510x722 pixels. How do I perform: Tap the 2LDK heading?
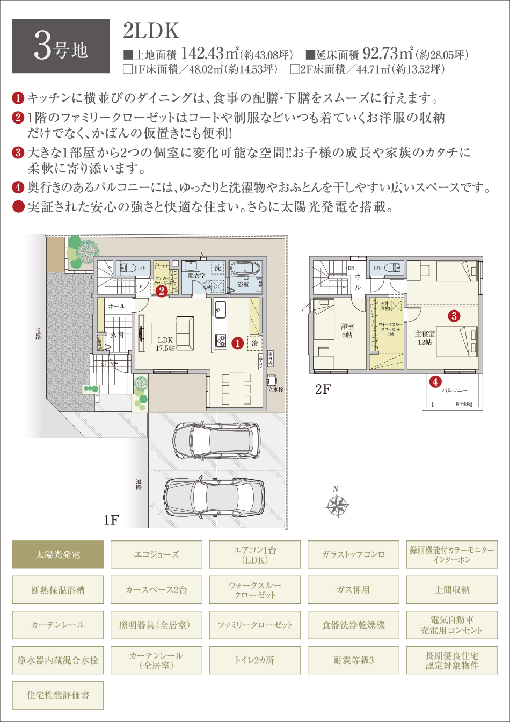point(151,32)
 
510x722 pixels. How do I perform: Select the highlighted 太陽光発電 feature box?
point(57,554)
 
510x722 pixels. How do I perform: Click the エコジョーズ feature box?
point(156,554)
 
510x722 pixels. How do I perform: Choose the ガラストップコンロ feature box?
point(353,554)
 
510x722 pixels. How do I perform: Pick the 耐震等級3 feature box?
point(353,660)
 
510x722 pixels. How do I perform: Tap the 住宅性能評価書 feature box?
point(57,696)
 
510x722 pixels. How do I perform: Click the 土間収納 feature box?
point(451,590)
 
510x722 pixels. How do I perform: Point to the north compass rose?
point(336,504)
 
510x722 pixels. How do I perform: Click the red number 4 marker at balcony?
point(435,382)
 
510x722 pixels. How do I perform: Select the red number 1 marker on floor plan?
point(237,341)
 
